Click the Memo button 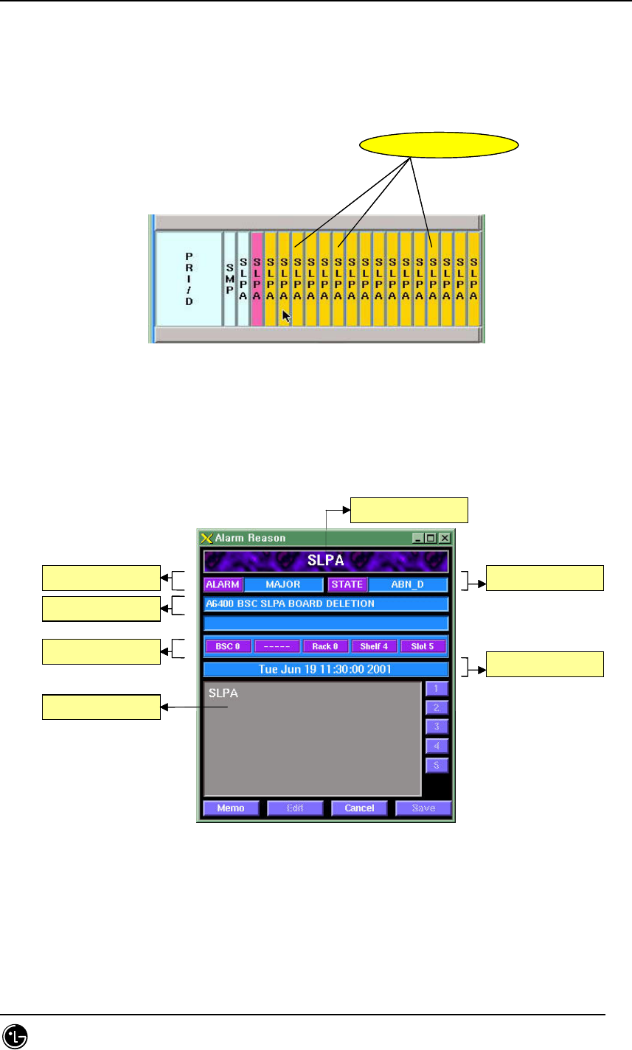click(231, 808)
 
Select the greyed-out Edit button click(295, 808)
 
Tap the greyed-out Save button click(423, 808)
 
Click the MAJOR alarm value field click(283, 585)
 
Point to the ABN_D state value click(408, 585)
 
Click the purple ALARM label click(223, 585)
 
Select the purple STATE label click(347, 585)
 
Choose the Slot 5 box click(423, 646)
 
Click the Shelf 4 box click(375, 646)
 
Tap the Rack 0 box click(325, 646)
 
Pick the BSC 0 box click(228, 646)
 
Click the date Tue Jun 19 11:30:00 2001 click(325, 669)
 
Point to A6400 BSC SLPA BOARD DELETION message click(325, 604)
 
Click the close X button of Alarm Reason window click(445, 538)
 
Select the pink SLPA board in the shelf click(257, 279)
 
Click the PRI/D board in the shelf click(188, 279)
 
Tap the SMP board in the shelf click(229, 279)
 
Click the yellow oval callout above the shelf click(438, 146)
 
